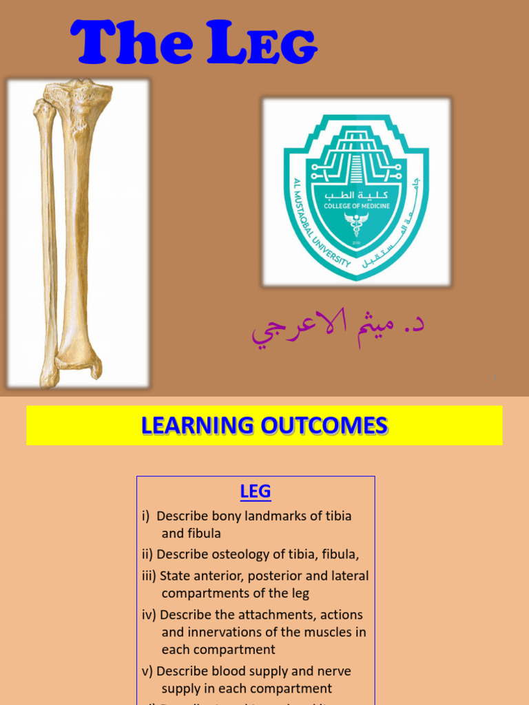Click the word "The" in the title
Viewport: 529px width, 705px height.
(x=129, y=43)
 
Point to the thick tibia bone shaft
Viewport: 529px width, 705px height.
(x=76, y=227)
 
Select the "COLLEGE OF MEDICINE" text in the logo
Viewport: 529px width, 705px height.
(x=356, y=204)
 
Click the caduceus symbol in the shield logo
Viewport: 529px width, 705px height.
(x=356, y=224)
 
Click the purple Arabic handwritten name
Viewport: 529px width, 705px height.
(x=337, y=329)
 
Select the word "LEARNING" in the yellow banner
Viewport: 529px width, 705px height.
(x=197, y=425)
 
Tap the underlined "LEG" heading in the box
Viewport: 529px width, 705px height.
(x=256, y=492)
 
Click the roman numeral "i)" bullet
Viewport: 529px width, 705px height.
(x=146, y=516)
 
